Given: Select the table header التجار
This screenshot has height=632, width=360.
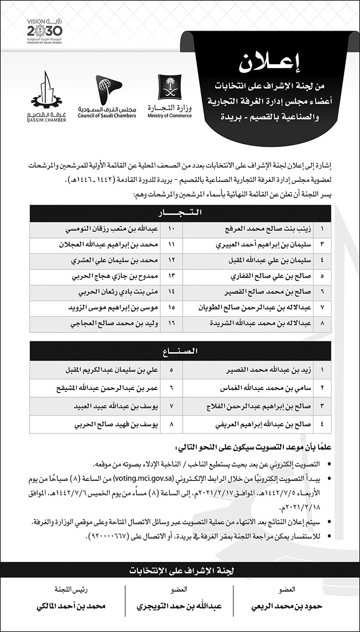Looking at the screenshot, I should point(180,212).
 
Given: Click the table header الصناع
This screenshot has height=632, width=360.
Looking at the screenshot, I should point(180,351).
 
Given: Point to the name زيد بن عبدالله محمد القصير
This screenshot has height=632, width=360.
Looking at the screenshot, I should point(269,368).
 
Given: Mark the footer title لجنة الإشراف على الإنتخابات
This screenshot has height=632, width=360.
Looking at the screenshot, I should point(180,570).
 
